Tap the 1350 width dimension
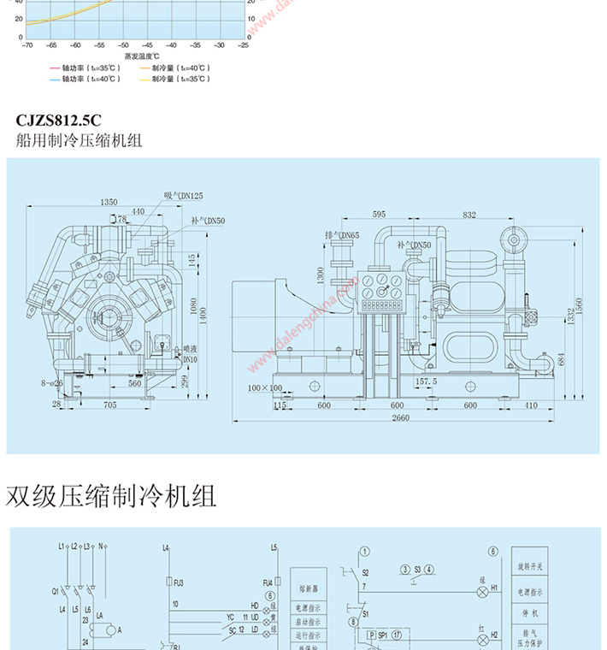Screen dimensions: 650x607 (x=108, y=202)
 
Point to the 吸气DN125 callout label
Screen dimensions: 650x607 (x=184, y=196)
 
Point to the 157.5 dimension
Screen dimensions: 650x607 (x=425, y=381)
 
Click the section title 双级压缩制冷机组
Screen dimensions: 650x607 (x=111, y=496)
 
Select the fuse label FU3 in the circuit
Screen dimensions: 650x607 (x=179, y=582)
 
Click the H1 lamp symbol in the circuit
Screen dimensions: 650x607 (x=485, y=590)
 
